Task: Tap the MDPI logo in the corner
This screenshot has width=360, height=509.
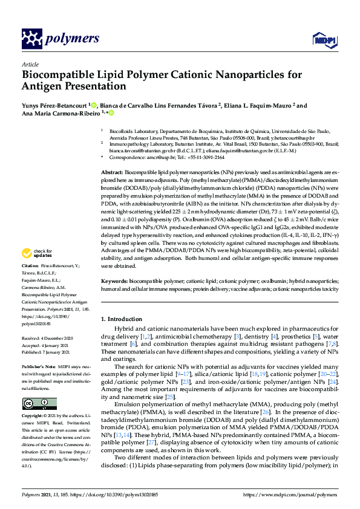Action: pyautogui.click(x=320, y=40)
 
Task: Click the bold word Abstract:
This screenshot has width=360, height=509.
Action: pyautogui.click(x=113, y=173)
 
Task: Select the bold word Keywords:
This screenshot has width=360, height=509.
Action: pyautogui.click(x=114, y=282)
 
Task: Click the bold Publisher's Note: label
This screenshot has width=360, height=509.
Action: pyautogui.click(x=39, y=367)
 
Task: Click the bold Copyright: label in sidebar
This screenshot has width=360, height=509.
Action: pyautogui.click(x=34, y=417)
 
